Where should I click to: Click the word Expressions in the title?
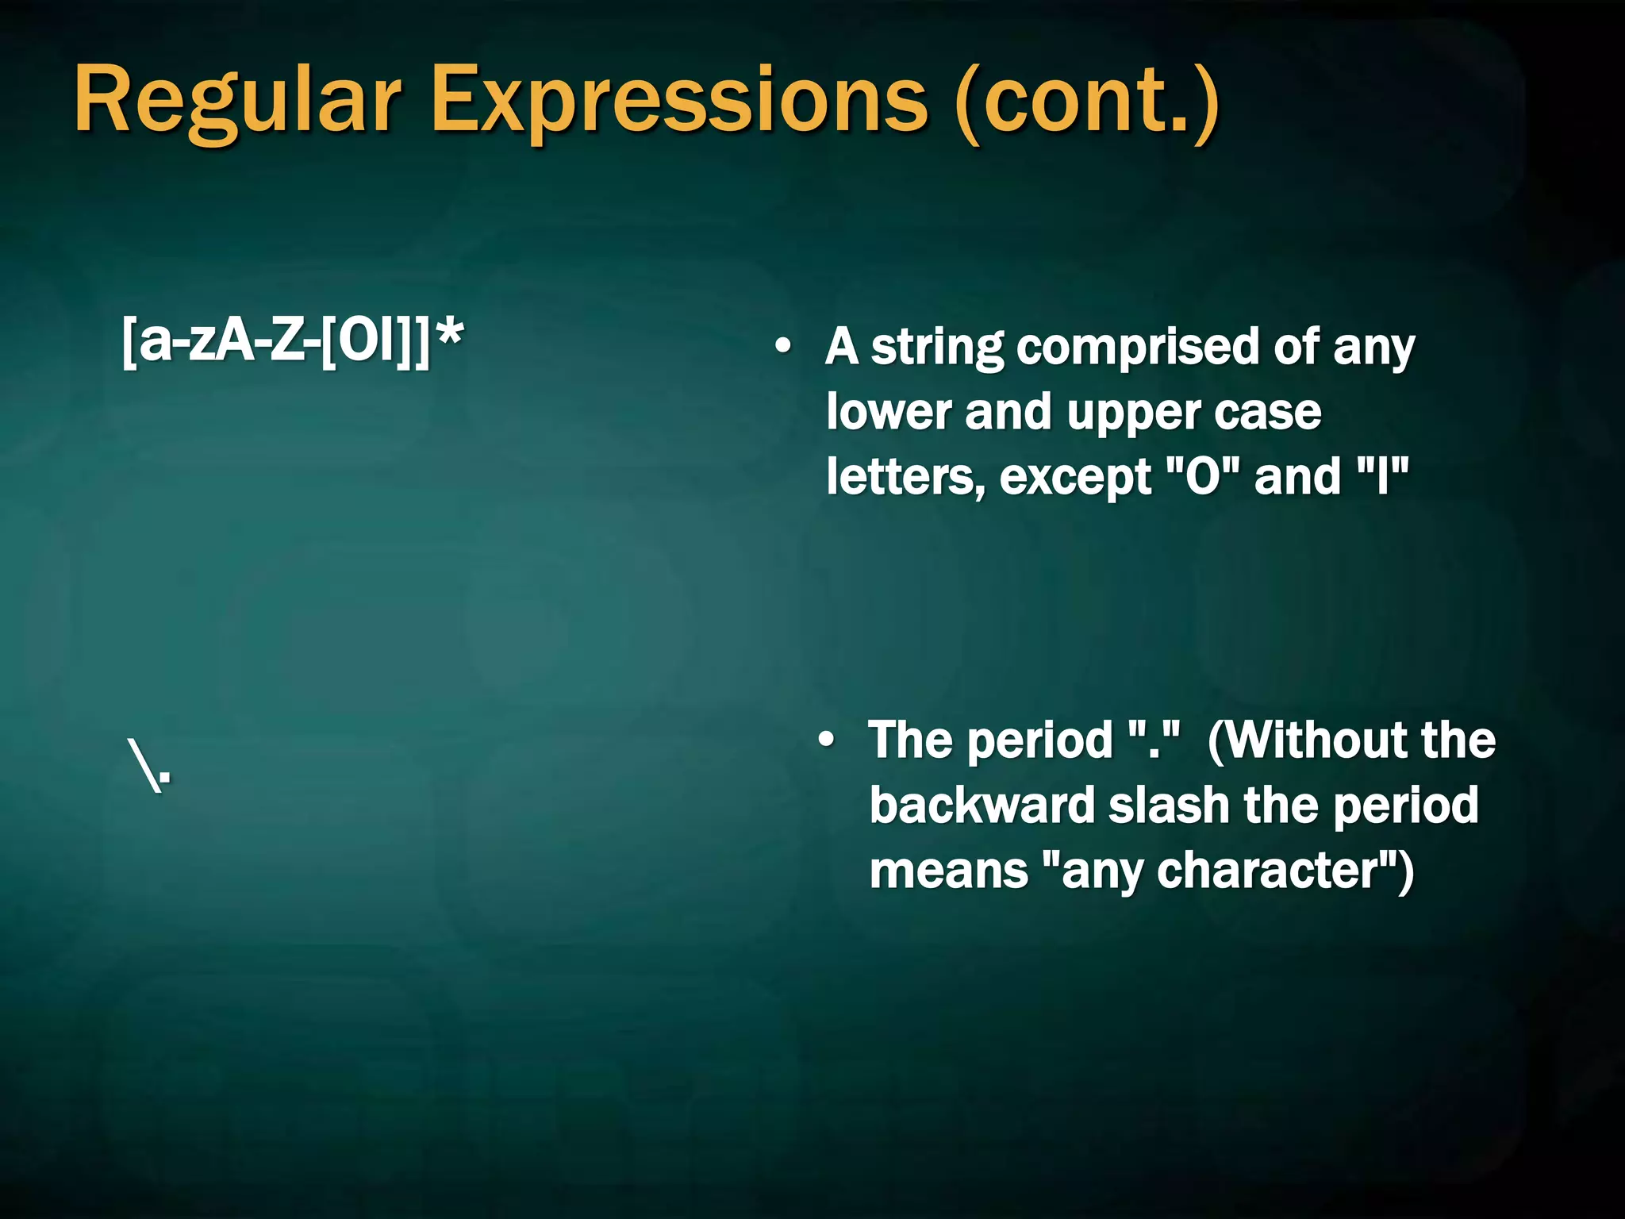(x=678, y=102)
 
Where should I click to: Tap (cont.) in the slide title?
(x=1087, y=102)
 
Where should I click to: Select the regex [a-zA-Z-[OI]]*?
(x=292, y=341)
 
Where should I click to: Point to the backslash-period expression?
(x=149, y=766)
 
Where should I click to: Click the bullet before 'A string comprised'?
(x=783, y=347)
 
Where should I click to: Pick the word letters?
(x=905, y=478)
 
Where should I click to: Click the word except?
(x=1075, y=478)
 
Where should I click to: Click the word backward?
(x=982, y=805)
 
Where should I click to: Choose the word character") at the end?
(x=1285, y=871)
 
